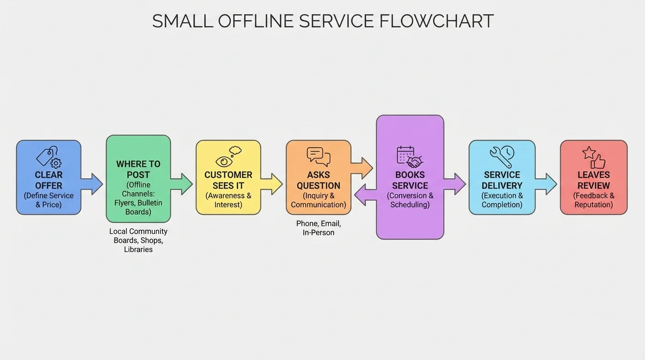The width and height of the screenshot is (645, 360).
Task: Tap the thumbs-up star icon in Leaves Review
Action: click(x=593, y=157)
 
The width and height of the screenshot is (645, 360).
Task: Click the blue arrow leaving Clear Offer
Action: click(x=92, y=184)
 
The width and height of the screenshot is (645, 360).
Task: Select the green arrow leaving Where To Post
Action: click(x=182, y=184)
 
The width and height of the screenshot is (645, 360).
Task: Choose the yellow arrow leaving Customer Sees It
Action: click(x=272, y=184)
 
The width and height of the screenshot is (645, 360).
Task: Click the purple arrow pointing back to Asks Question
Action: click(x=365, y=195)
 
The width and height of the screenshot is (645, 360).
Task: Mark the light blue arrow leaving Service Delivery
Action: click(x=546, y=184)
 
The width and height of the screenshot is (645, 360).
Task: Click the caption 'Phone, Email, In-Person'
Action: click(x=318, y=228)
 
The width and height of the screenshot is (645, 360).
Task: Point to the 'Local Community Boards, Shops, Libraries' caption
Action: click(x=138, y=240)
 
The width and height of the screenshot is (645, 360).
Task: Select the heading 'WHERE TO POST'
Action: click(x=138, y=169)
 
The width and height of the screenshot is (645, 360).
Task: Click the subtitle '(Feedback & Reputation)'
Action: click(x=593, y=200)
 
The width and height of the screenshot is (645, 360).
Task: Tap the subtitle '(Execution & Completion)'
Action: click(x=502, y=200)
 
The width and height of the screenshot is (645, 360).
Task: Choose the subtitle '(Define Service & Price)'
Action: click(x=49, y=200)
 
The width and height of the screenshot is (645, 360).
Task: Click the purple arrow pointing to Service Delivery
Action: click(x=455, y=184)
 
